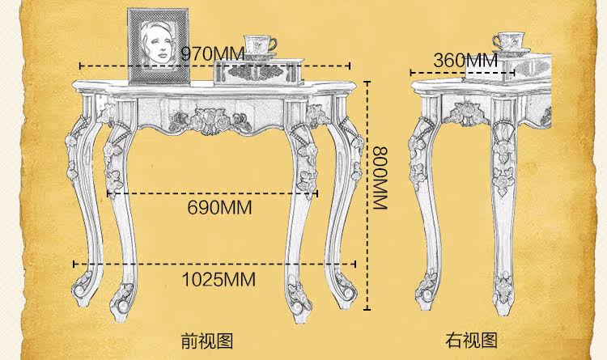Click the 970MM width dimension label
tap(212, 53)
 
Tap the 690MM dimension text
tap(219, 208)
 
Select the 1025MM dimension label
tap(217, 280)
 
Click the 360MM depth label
tap(465, 60)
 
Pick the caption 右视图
tap(471, 340)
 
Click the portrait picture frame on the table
tap(159, 46)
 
